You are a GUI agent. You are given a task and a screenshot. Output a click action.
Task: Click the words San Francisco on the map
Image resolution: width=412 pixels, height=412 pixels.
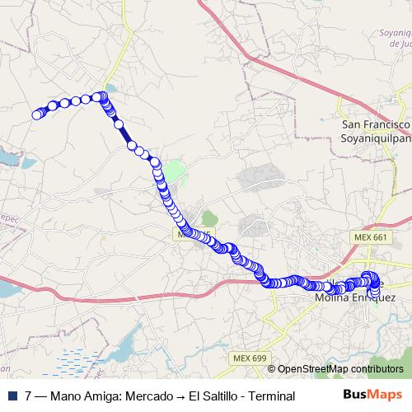(376, 124)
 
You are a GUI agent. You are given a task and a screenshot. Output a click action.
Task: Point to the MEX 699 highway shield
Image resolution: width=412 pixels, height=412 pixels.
(250, 358)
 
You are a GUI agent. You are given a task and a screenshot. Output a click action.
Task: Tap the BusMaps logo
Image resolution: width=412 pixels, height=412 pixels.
(372, 396)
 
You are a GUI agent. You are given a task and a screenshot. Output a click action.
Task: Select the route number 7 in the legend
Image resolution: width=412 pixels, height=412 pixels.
(29, 396)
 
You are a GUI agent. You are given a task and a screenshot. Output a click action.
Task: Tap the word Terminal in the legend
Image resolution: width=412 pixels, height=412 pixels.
(271, 396)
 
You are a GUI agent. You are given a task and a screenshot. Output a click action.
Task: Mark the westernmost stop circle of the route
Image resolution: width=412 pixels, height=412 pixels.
(36, 115)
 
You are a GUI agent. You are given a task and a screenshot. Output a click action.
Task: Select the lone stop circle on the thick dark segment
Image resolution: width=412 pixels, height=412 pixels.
(133, 143)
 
